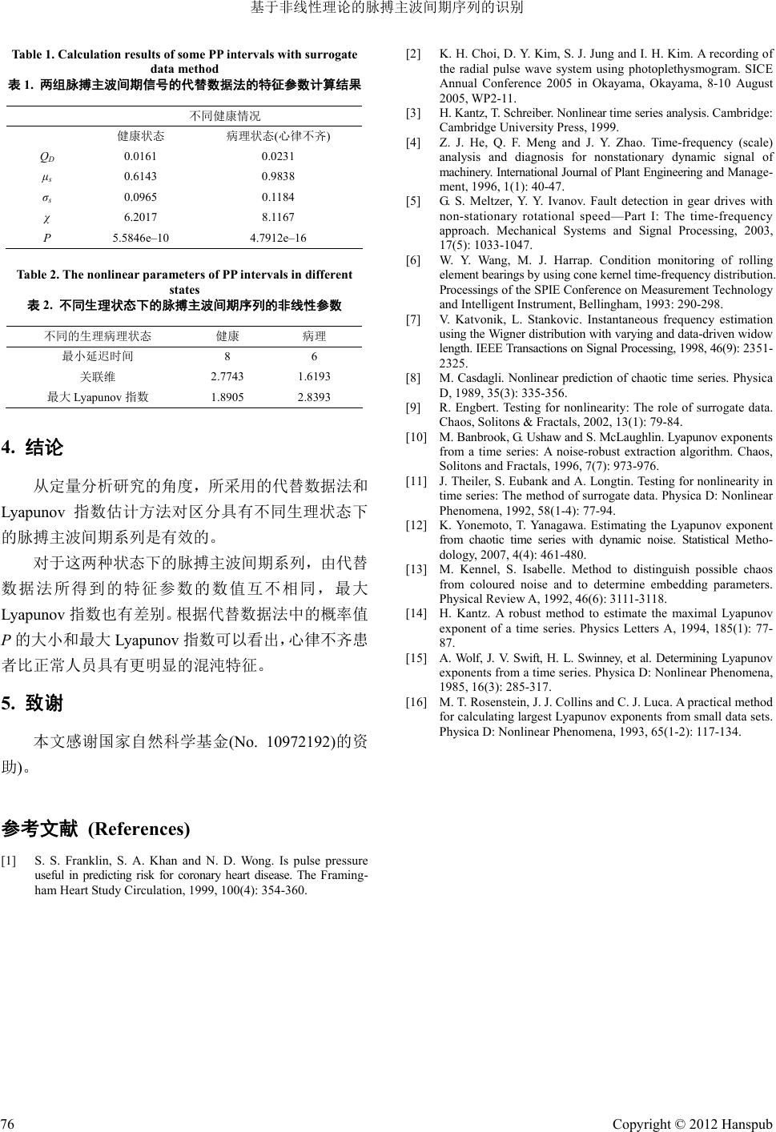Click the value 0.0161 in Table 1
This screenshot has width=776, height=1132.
coord(140,156)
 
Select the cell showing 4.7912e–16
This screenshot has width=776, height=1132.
coord(278,238)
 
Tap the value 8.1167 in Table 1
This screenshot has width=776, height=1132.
coord(278,217)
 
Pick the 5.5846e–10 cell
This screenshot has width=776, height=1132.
coord(141,238)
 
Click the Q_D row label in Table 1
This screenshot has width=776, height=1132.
coord(47,156)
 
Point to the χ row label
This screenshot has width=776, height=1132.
coord(47,217)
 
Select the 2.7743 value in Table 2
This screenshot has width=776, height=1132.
coord(227,376)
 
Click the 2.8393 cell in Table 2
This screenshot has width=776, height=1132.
coord(314,397)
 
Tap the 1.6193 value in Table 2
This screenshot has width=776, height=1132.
coord(314,376)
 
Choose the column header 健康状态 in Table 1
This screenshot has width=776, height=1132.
coord(141,136)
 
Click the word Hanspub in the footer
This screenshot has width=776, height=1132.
coord(746,1124)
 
